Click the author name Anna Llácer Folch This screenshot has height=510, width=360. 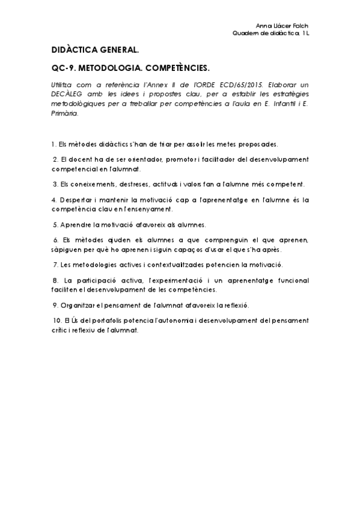[282, 26]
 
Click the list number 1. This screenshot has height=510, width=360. [53, 144]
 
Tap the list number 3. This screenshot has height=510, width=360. [55, 183]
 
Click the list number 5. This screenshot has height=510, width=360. [55, 224]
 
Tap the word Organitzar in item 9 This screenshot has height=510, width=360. [79, 305]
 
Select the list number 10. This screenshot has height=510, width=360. [57, 321]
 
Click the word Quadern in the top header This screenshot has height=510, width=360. [245, 33]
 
